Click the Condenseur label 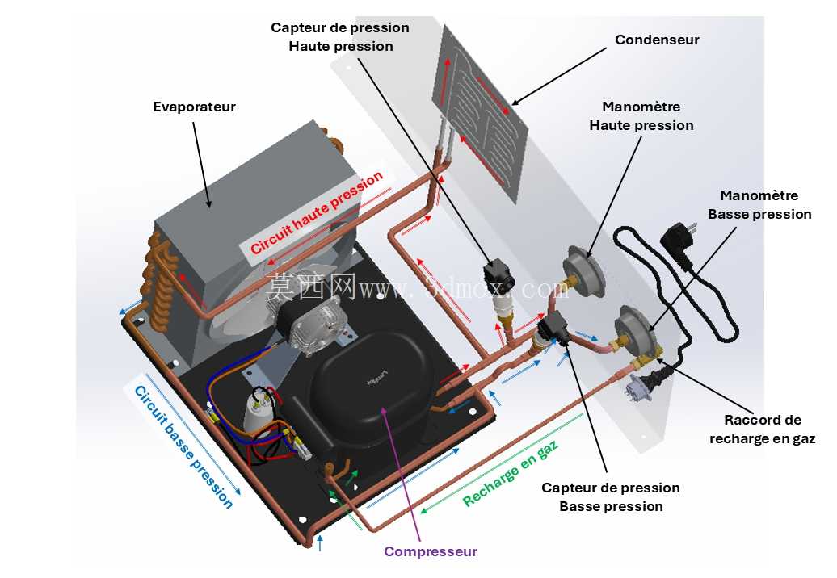tap(657, 40)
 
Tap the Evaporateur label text tap(194, 107)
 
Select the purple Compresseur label tap(431, 551)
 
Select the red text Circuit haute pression tap(317, 213)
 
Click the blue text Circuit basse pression tap(183, 447)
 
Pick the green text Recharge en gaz tap(511, 474)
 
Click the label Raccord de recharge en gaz tap(763, 429)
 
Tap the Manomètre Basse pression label tap(759, 205)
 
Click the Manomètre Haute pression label tap(641, 115)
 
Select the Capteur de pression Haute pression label tap(340, 37)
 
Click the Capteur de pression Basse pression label tap(611, 497)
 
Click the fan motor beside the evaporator tap(316, 325)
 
